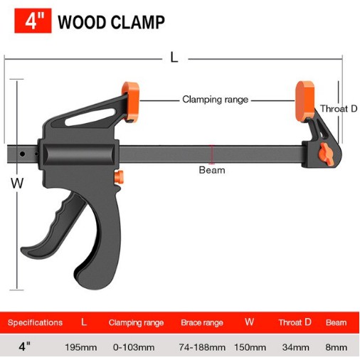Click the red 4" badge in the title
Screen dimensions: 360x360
click(x=33, y=21)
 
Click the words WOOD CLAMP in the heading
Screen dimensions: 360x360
click(x=111, y=22)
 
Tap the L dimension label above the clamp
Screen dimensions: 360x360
click(x=174, y=58)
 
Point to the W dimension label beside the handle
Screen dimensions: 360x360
click(x=17, y=183)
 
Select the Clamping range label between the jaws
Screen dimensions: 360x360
click(x=215, y=100)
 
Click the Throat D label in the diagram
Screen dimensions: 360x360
click(x=339, y=109)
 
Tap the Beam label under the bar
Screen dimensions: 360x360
click(x=212, y=170)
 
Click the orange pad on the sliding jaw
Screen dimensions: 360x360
click(x=130, y=102)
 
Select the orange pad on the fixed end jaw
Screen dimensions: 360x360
click(x=305, y=101)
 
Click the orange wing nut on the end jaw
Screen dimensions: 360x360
click(x=326, y=154)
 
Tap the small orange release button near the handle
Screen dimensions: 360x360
click(x=119, y=177)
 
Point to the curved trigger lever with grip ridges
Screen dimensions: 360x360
click(x=55, y=228)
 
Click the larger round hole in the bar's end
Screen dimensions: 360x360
click(x=22, y=154)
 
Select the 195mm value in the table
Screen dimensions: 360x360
click(x=81, y=347)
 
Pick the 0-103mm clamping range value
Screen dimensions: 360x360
click(x=134, y=347)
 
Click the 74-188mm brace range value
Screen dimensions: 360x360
click(x=202, y=347)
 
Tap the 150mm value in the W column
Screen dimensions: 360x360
click(x=250, y=347)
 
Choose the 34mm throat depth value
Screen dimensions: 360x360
click(x=296, y=347)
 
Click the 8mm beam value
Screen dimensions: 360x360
click(x=337, y=347)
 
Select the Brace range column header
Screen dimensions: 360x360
click(x=202, y=323)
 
